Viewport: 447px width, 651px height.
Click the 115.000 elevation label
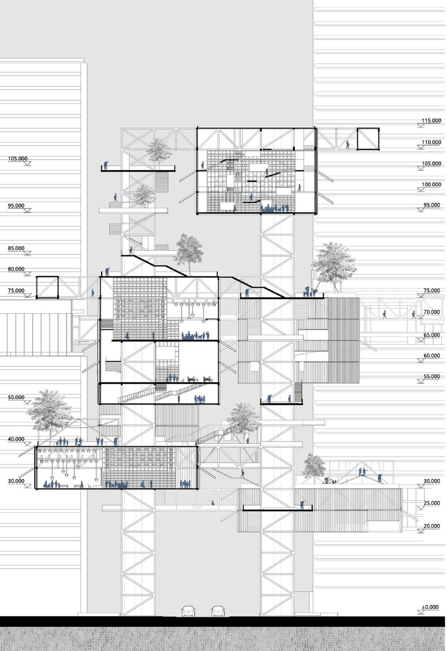pyautogui.click(x=432, y=120)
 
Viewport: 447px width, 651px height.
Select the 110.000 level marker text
pyautogui.click(x=432, y=142)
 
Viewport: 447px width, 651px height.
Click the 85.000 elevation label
pyautogui.click(x=16, y=248)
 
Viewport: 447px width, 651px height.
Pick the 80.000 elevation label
pyautogui.click(x=16, y=269)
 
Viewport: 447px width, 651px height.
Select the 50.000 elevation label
pyautogui.click(x=16, y=397)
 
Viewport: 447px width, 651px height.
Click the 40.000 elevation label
pyautogui.click(x=16, y=439)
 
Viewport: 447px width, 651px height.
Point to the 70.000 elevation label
pyautogui.click(x=432, y=312)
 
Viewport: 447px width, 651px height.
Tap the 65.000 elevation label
pyautogui.click(x=432, y=335)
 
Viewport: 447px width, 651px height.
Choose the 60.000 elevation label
pyautogui.click(x=432, y=356)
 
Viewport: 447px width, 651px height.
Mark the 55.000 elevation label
pyautogui.click(x=432, y=376)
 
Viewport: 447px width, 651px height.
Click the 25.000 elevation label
pyautogui.click(x=432, y=503)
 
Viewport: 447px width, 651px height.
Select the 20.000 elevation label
pyautogui.click(x=432, y=526)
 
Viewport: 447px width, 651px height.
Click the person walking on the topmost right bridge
pyautogui.click(x=348, y=144)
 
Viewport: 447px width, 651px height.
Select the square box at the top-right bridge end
pyautogui.click(x=368, y=139)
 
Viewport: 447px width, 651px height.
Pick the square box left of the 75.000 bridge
pyautogui.click(x=48, y=287)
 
